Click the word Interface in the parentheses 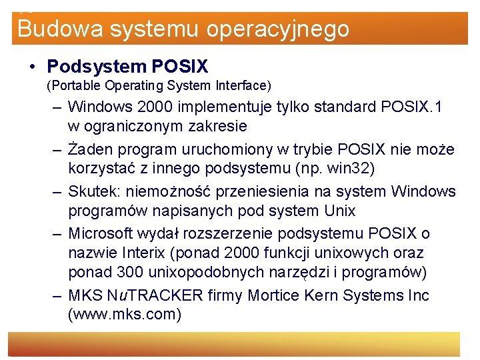click(x=241, y=85)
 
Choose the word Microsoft click(x=101, y=234)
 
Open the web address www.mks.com click(x=125, y=314)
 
